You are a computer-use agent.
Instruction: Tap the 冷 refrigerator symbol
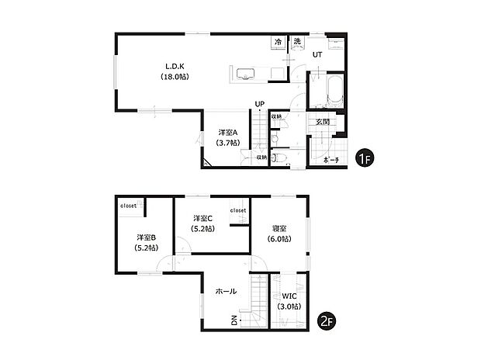(x=278, y=41)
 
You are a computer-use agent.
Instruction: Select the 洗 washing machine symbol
(x=297, y=41)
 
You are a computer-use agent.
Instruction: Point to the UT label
(x=317, y=55)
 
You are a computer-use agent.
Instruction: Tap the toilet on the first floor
(x=282, y=157)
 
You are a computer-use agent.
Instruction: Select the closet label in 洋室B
(x=128, y=206)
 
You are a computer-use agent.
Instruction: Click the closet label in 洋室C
(x=238, y=209)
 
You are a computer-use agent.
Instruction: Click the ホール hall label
(x=226, y=292)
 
